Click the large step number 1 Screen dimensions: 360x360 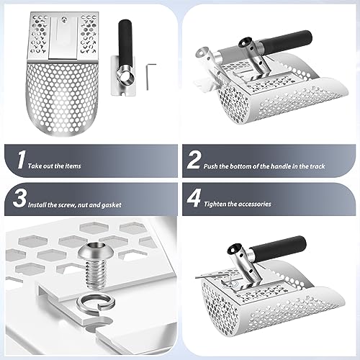pyautogui.click(x=22, y=160)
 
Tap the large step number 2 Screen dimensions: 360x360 pyautogui.click(x=194, y=160)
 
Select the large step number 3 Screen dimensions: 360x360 pyautogui.click(x=19, y=198)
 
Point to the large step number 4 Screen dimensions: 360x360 pyautogui.click(x=194, y=198)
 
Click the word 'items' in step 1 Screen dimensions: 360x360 pyautogui.click(x=73, y=166)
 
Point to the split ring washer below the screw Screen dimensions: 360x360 pyautogui.click(x=96, y=302)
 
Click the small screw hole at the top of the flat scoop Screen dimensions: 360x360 pyautogui.click(x=63, y=18)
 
